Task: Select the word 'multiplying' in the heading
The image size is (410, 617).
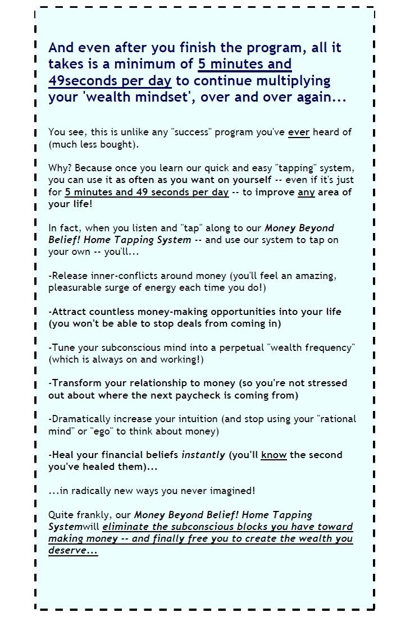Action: click(x=294, y=80)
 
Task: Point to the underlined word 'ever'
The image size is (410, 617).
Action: click(x=299, y=132)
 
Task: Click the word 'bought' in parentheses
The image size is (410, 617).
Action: click(x=117, y=144)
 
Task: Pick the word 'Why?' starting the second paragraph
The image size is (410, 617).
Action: click(x=60, y=168)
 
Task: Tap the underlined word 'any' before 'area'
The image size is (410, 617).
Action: click(x=306, y=192)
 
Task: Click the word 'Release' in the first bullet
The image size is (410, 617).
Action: click(x=70, y=276)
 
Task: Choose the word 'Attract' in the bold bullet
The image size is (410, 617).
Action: click(x=69, y=312)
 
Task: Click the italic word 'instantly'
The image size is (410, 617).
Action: click(x=203, y=455)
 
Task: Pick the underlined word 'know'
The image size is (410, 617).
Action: click(x=274, y=455)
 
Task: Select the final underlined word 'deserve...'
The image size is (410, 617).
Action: click(x=73, y=551)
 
